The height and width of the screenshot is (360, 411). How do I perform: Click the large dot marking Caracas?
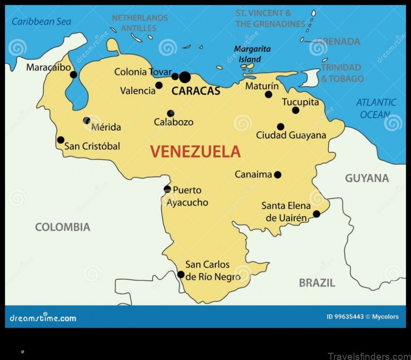click(x=185, y=77)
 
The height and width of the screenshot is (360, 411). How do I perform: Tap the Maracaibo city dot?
click(x=73, y=75)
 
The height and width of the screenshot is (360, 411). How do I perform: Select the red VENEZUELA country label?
click(x=195, y=152)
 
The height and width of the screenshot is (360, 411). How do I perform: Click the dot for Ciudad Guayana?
click(x=281, y=127)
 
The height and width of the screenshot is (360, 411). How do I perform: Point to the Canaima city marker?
click(x=277, y=175)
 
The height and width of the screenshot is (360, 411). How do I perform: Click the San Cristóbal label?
click(x=92, y=146)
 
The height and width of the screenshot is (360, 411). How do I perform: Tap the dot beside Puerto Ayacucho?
click(x=167, y=189)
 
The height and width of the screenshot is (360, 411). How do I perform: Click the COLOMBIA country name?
click(x=62, y=227)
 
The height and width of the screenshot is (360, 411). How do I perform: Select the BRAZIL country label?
click(x=317, y=282)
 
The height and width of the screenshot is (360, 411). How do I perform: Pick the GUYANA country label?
click(x=367, y=178)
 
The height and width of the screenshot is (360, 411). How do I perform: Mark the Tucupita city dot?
click(x=295, y=110)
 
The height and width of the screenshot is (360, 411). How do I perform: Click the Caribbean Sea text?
click(x=42, y=22)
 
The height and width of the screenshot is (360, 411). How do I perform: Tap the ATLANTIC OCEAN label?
click(x=376, y=108)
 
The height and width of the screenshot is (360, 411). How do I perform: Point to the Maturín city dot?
click(x=268, y=95)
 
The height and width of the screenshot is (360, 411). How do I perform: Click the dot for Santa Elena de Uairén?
click(x=316, y=214)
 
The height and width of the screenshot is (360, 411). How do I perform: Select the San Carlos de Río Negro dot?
click(x=181, y=275)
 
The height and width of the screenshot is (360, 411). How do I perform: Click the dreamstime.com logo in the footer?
click(x=43, y=317)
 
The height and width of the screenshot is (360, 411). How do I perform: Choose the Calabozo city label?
click(x=174, y=122)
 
